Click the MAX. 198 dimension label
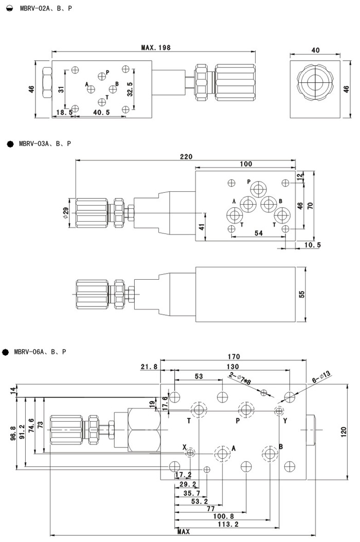[155, 47]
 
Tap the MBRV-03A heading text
[45, 143]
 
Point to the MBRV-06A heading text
[40, 352]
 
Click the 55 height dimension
[302, 294]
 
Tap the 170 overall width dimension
[233, 356]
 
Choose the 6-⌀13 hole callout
[321, 379]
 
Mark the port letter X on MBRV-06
[184, 447]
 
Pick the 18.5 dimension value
[64, 112]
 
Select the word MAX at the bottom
[183, 532]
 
